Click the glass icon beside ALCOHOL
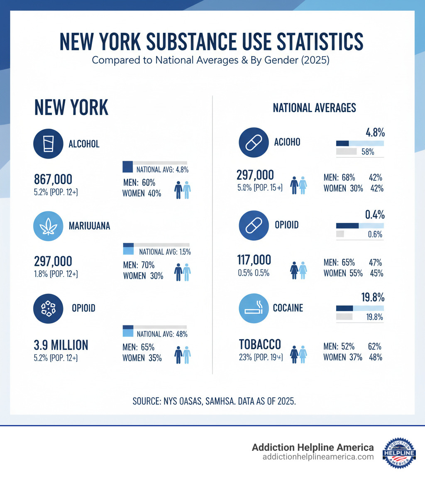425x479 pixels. (48, 144)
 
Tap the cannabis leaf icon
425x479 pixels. (48, 225)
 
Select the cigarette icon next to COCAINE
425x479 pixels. (254, 308)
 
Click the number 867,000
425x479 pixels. (53, 179)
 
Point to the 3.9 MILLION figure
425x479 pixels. (61, 345)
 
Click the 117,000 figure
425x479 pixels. (254, 260)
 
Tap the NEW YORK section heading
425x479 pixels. (71, 108)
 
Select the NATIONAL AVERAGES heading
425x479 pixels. (314, 108)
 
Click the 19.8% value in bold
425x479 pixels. (372, 298)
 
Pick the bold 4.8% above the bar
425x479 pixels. (375, 133)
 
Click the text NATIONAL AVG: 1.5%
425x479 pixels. (165, 252)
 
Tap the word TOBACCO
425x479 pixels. (260, 344)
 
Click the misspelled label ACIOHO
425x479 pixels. (287, 142)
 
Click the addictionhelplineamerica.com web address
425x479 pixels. (318, 457)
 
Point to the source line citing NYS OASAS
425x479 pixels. (214, 401)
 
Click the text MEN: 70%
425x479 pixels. (139, 265)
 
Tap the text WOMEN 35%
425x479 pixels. (142, 358)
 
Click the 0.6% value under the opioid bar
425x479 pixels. (375, 234)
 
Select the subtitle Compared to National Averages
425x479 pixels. (210, 60)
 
